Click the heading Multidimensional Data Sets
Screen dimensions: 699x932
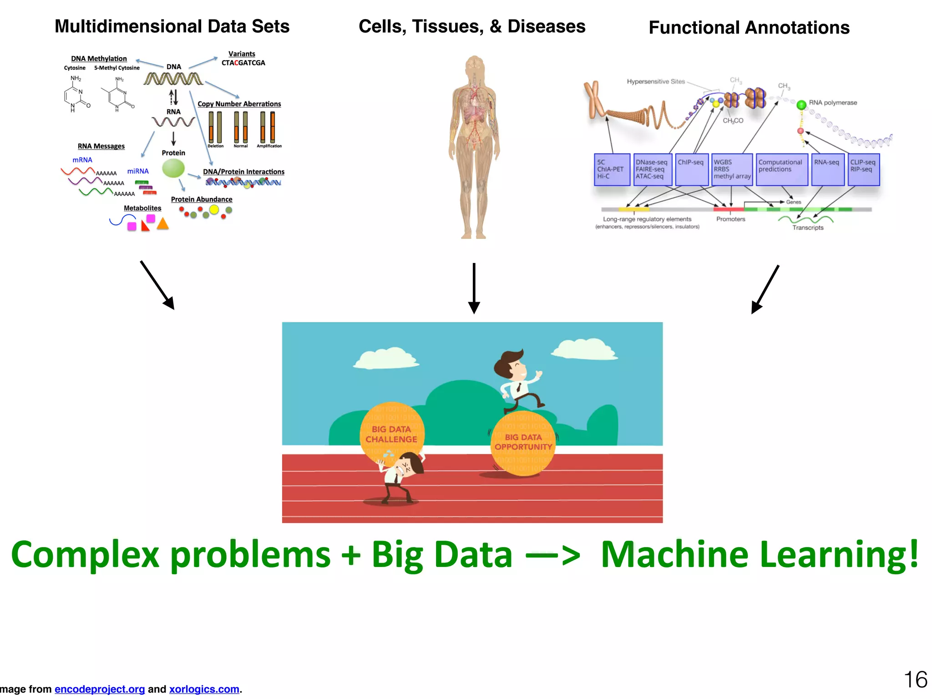click(x=172, y=26)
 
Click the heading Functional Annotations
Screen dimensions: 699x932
click(x=749, y=28)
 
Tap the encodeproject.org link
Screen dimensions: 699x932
click(x=100, y=689)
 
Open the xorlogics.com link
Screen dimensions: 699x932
click(x=204, y=689)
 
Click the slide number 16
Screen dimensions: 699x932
click(x=915, y=679)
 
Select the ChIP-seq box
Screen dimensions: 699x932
click(x=691, y=170)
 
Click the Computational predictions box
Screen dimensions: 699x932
click(x=781, y=170)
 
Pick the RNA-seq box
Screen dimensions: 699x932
click(x=827, y=170)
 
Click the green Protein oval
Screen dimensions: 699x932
click(x=173, y=168)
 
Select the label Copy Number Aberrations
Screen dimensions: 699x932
click(x=239, y=104)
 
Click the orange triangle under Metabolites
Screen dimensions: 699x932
click(x=163, y=224)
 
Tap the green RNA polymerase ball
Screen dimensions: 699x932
click(x=801, y=105)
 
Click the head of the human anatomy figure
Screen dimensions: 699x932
click(x=475, y=66)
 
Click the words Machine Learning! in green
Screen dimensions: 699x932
click(x=759, y=555)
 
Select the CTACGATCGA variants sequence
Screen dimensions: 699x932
click(x=243, y=63)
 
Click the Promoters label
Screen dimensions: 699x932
click(x=730, y=219)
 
